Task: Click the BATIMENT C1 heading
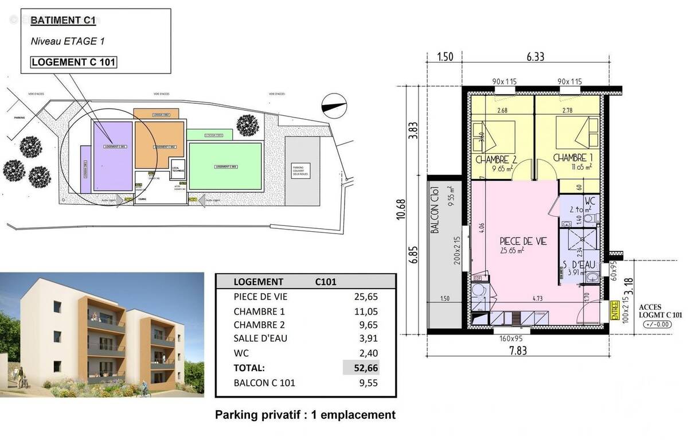coord(63,21)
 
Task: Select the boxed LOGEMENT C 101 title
coord(73,62)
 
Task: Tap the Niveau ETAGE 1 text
coord(67,41)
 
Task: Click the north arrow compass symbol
coord(335,105)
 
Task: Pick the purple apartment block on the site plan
coord(113,156)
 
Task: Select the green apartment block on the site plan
coord(225,166)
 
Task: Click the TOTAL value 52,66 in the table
coord(366,368)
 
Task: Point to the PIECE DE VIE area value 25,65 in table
coord(366,297)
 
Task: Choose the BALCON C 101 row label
coord(264,383)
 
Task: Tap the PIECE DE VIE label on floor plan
coord(523,242)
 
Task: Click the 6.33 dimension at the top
coord(535,56)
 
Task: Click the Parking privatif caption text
coord(305,415)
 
